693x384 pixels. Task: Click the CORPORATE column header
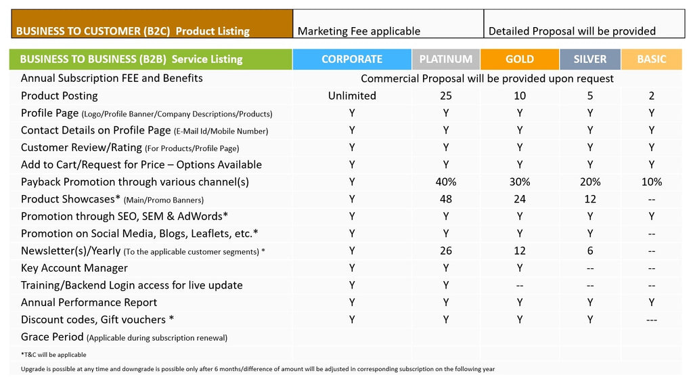(x=352, y=60)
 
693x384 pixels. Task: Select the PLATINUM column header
(x=445, y=60)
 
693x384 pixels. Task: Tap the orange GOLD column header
(x=519, y=60)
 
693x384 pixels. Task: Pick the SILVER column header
(x=590, y=60)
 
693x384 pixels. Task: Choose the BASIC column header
(x=652, y=60)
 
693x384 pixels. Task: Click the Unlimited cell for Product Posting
(x=352, y=96)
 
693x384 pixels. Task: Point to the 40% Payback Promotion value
(x=445, y=182)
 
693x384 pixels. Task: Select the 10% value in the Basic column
(x=652, y=182)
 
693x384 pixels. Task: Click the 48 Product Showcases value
(x=445, y=199)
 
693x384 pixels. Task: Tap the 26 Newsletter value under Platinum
(x=445, y=251)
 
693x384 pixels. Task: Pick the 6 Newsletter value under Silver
(x=590, y=251)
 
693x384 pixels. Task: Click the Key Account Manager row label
(x=74, y=268)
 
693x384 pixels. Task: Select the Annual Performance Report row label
(x=89, y=303)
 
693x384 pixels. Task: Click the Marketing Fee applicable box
(x=388, y=24)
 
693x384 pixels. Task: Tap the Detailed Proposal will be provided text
(x=572, y=31)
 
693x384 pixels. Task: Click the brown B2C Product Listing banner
(x=152, y=24)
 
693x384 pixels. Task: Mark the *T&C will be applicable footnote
(x=53, y=355)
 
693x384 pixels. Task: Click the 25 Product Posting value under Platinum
(x=445, y=96)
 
